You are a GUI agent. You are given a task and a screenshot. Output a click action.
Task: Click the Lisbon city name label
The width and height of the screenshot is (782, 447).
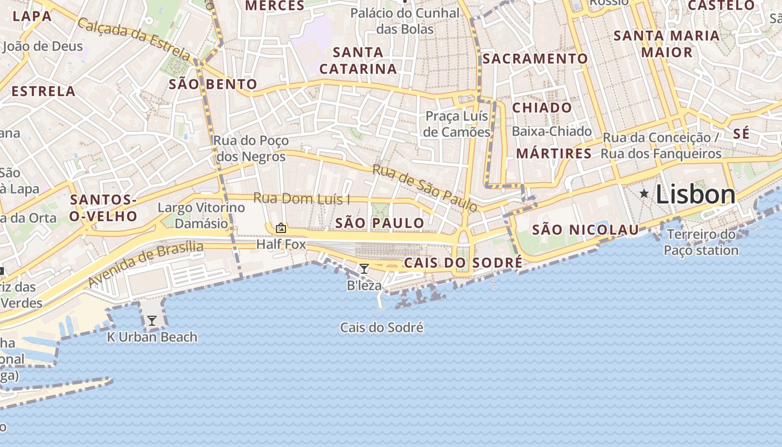pyautogui.click(x=695, y=194)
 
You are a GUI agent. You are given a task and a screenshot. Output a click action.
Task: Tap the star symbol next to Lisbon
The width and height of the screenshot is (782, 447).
pyautogui.click(x=644, y=194)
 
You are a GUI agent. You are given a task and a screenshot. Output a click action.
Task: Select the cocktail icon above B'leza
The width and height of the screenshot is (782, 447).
pyautogui.click(x=364, y=269)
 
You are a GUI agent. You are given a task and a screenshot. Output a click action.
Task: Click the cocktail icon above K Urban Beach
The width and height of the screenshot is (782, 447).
pyautogui.click(x=151, y=321)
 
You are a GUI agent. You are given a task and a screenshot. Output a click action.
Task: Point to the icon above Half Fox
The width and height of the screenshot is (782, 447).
pyautogui.click(x=281, y=228)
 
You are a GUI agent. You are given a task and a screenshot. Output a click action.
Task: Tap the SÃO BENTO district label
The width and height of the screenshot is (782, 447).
pyautogui.click(x=213, y=84)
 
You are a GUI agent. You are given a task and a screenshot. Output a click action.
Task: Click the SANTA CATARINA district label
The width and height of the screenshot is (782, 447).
pyautogui.click(x=358, y=61)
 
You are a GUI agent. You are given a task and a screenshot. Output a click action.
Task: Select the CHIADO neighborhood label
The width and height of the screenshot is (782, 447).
pyautogui.click(x=542, y=108)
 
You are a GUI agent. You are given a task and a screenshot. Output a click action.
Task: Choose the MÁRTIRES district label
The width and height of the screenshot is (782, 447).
pyautogui.click(x=554, y=153)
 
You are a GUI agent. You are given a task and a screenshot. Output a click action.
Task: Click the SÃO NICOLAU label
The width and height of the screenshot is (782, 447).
pyautogui.click(x=585, y=230)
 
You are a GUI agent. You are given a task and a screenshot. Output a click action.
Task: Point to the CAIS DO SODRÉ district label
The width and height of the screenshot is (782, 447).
pyautogui.click(x=463, y=263)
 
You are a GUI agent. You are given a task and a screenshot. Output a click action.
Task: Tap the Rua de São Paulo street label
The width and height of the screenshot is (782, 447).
pyautogui.click(x=425, y=188)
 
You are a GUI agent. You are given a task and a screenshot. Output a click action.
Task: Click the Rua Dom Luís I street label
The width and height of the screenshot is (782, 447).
pyautogui.click(x=302, y=198)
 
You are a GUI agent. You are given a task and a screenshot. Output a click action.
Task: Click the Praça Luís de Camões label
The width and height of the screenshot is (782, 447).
pyautogui.click(x=457, y=124)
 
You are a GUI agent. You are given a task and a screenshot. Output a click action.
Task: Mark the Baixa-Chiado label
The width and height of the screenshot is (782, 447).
pyautogui.click(x=551, y=131)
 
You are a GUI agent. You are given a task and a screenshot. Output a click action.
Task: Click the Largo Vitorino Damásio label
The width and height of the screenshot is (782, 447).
pyautogui.click(x=201, y=216)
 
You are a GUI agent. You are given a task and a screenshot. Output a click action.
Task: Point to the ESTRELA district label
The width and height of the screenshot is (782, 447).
pyautogui.click(x=43, y=91)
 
